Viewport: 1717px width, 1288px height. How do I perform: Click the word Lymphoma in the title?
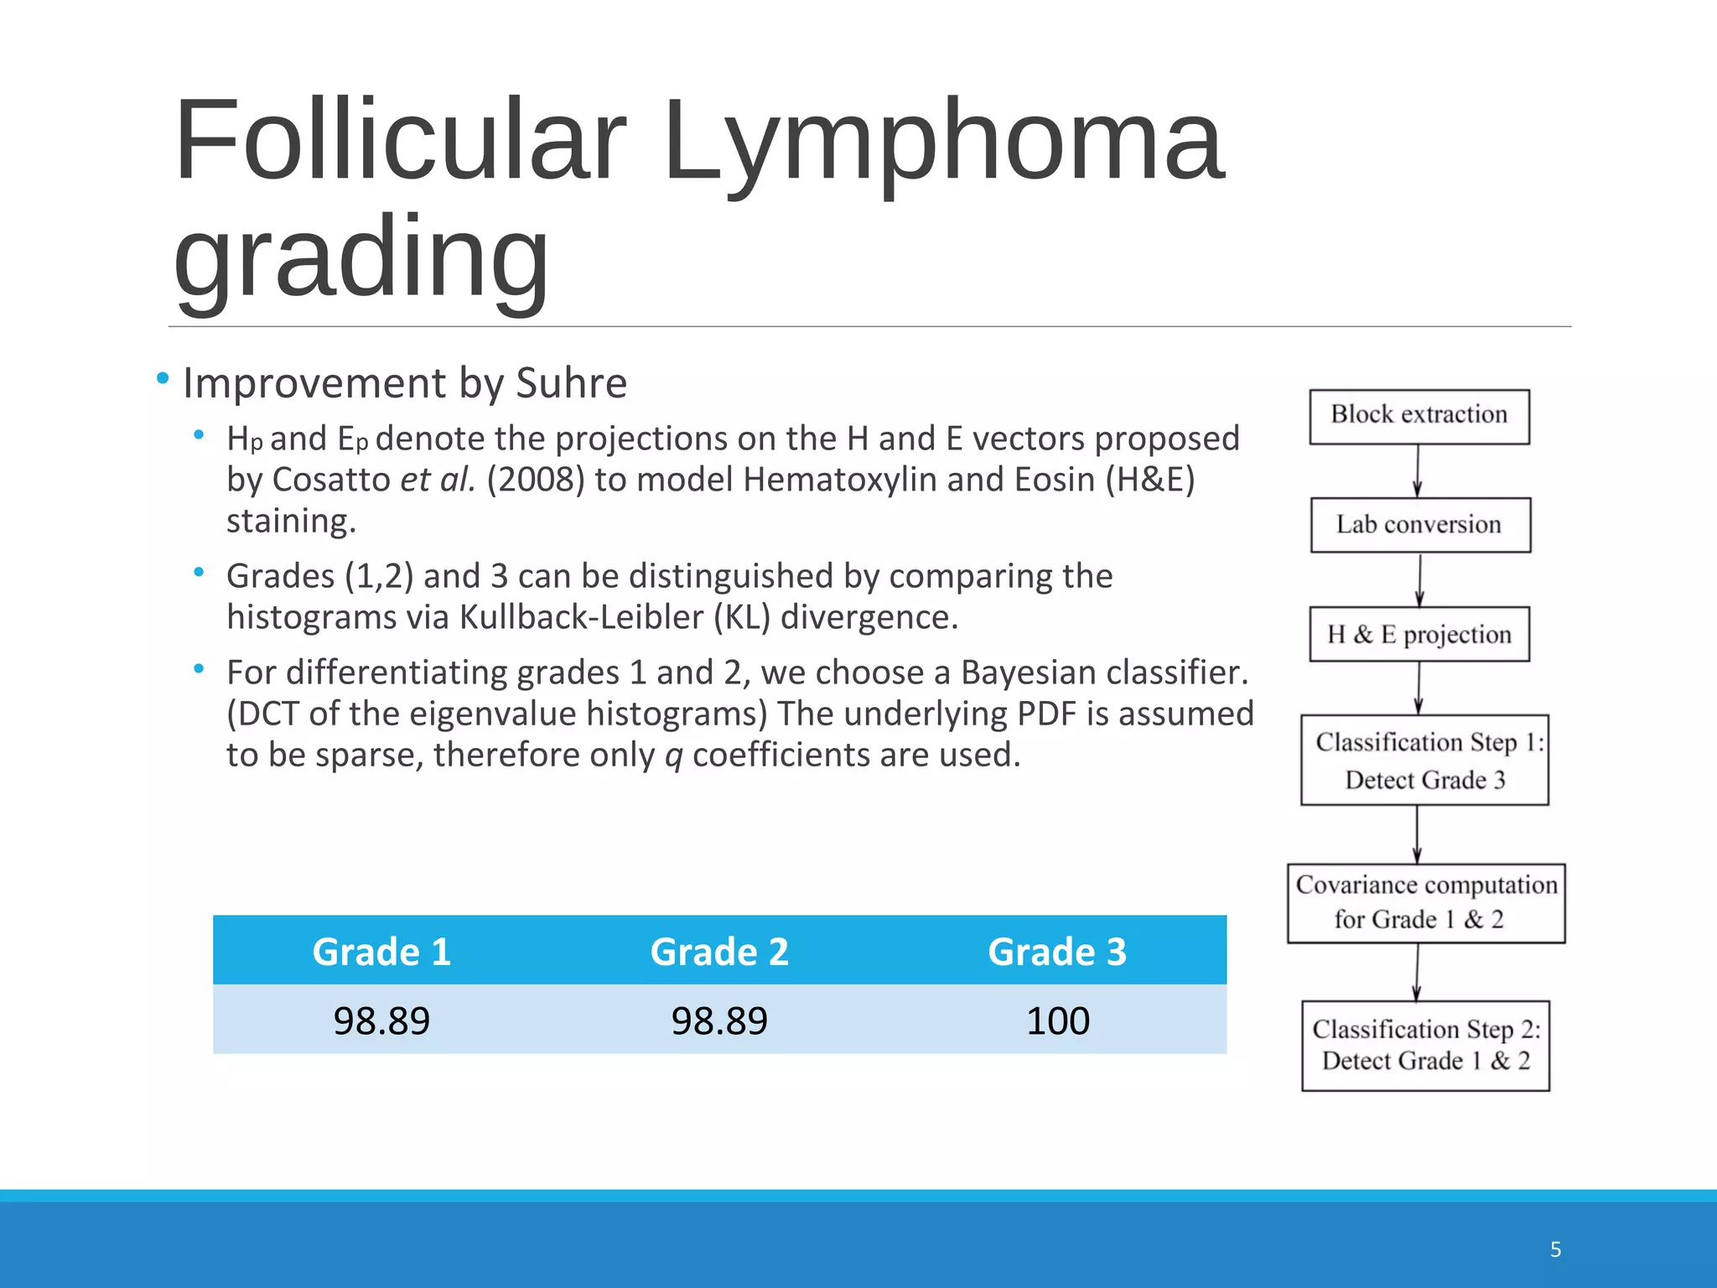(943, 143)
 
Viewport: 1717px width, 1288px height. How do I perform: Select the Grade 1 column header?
(381, 952)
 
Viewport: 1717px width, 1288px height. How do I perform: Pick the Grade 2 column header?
(719, 952)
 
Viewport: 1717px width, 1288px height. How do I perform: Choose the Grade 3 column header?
(1057, 952)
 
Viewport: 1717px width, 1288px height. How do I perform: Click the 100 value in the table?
(1057, 1021)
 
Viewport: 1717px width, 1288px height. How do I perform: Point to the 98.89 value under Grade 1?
(381, 1021)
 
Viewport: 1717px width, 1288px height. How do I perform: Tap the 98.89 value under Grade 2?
(719, 1021)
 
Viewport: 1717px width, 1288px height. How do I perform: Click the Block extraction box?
(1419, 416)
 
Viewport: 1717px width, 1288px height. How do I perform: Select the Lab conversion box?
(1419, 525)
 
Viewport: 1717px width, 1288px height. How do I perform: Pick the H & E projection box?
(1419, 634)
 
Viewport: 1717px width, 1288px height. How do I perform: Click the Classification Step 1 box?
(1424, 760)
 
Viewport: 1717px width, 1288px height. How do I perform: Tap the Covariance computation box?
(1425, 902)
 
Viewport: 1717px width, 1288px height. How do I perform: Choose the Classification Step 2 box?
(1424, 1045)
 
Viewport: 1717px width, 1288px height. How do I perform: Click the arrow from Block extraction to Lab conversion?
(1418, 471)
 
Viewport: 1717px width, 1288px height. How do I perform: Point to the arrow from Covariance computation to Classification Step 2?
(1417, 973)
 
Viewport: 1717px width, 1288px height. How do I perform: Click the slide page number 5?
(1555, 1249)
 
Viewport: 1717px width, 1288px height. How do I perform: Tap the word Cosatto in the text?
(331, 480)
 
